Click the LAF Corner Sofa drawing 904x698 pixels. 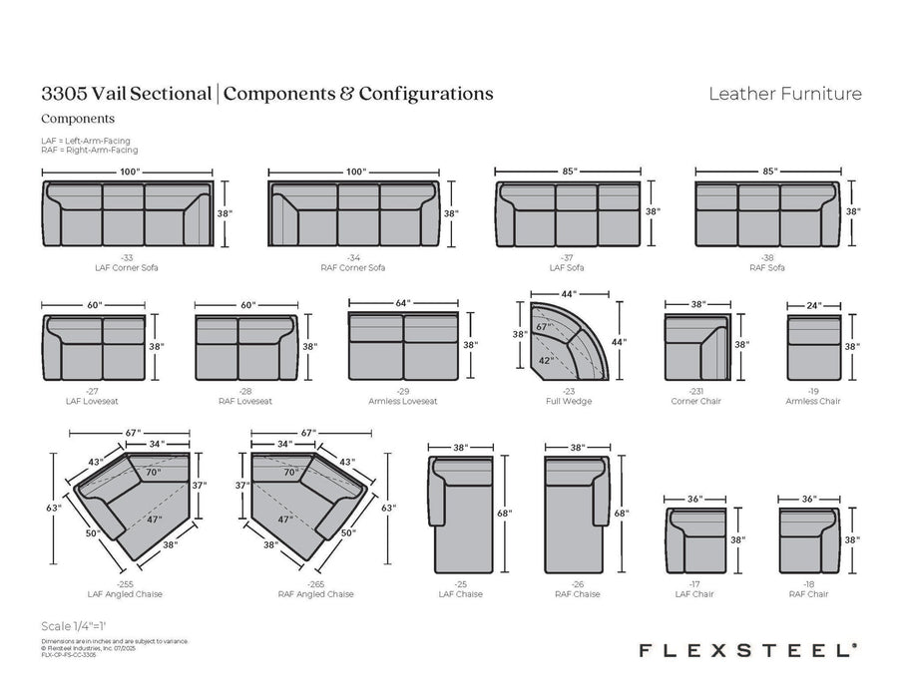coord(128,214)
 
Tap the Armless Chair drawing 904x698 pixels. coord(810,347)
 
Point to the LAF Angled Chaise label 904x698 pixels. coord(127,594)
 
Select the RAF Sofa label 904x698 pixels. coord(766,267)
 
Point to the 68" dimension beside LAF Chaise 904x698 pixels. coord(504,514)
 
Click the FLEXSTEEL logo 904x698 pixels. coord(745,649)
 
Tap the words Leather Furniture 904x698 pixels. coord(784,95)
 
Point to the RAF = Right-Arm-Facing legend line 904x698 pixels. coord(89,150)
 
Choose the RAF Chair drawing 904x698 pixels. coord(810,538)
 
